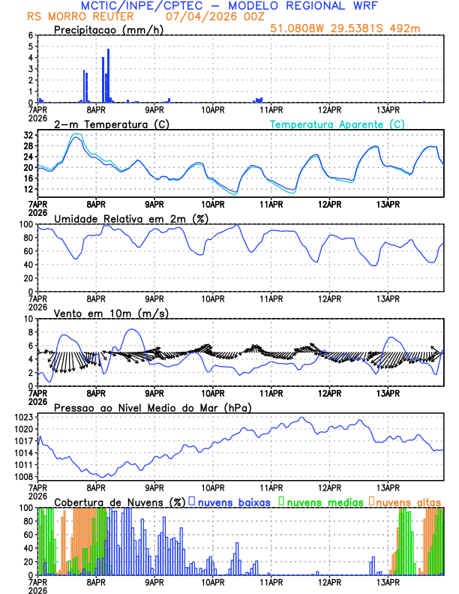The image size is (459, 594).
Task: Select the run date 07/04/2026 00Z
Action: point(211,16)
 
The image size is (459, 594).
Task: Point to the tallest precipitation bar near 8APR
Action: point(108,75)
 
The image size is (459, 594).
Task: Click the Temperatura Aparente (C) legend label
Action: point(337,124)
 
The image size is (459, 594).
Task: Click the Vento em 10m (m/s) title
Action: point(111,313)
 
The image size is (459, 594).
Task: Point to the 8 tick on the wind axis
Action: point(31,332)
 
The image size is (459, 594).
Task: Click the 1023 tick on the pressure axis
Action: point(23,416)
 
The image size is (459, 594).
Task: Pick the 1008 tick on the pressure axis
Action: point(23,476)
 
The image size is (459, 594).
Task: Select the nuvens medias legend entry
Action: point(322,501)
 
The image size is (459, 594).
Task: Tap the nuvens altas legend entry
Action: point(408,501)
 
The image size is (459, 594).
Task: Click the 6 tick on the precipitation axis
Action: point(31,35)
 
